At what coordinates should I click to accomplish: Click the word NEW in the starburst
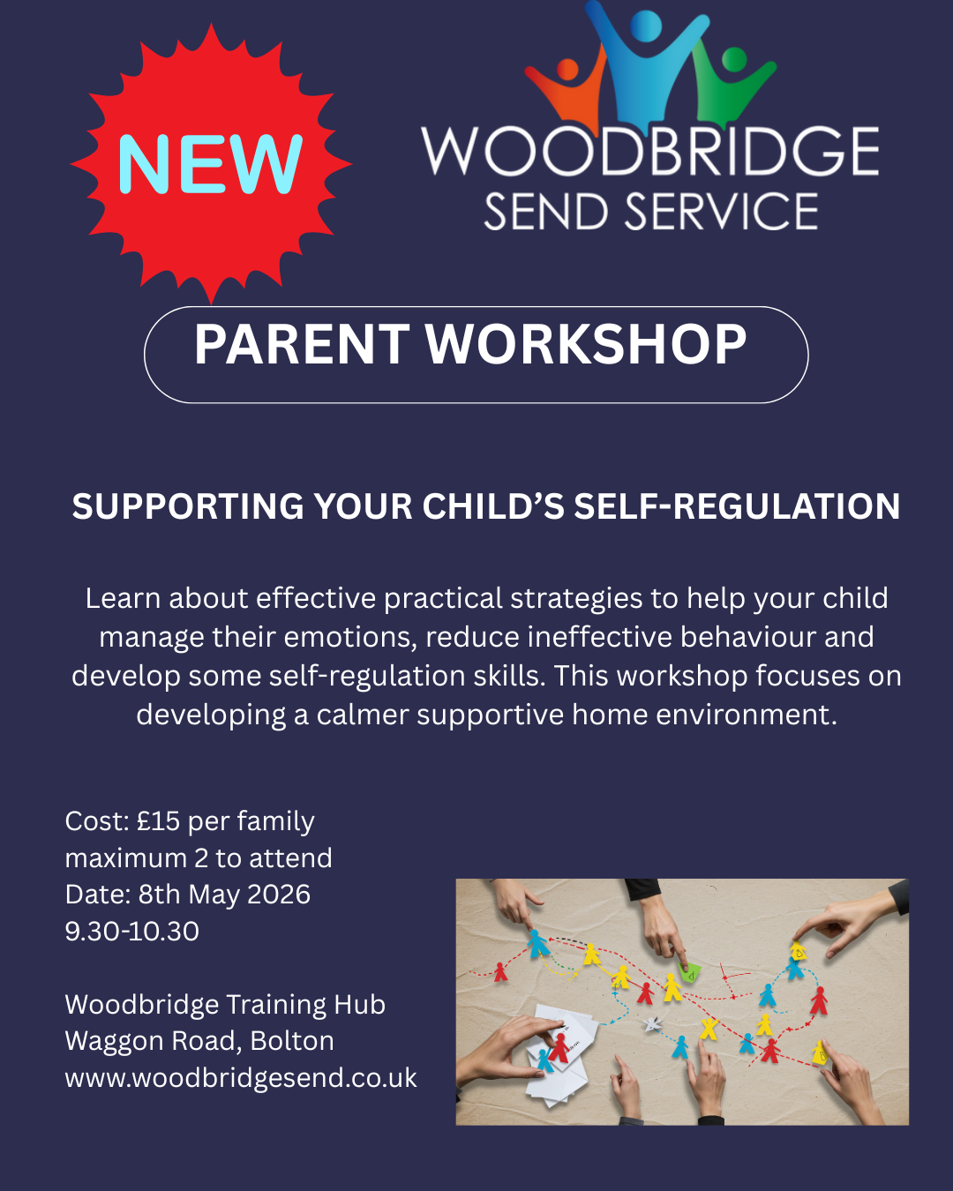[x=210, y=164]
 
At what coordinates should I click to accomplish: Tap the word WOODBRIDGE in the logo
[x=650, y=151]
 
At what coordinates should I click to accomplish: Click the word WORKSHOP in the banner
[x=586, y=344]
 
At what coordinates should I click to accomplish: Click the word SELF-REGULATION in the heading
[x=737, y=506]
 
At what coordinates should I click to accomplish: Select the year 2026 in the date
[x=278, y=895]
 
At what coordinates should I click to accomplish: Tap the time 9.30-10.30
[x=132, y=931]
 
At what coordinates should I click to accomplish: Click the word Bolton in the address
[x=292, y=1041]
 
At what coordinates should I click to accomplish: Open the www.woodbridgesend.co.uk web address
[x=241, y=1078]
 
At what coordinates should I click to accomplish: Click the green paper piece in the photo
[x=690, y=973]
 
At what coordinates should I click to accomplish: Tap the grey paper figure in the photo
[x=652, y=1023]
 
